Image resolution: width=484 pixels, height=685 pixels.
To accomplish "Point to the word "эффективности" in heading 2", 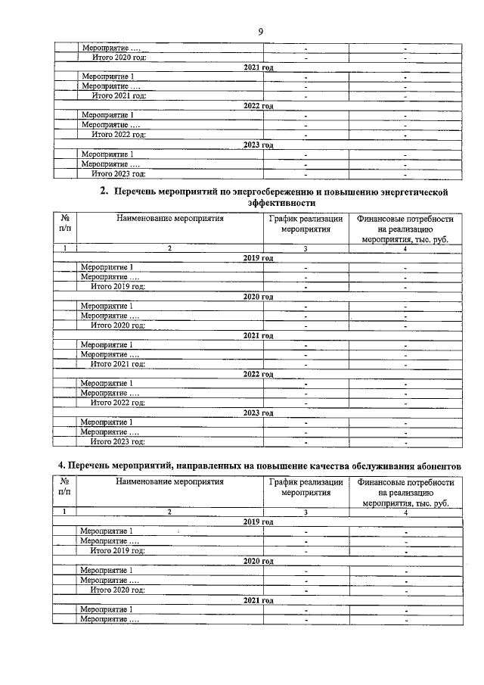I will click(x=281, y=204).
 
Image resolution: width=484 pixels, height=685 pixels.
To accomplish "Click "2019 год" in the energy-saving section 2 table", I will click(x=258, y=258).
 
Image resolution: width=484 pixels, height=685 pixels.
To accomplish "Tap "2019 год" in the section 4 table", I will click(x=258, y=522).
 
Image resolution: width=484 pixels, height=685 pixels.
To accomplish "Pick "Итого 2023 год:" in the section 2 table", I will click(x=117, y=441).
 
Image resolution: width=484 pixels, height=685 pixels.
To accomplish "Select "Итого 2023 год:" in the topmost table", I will click(x=118, y=173).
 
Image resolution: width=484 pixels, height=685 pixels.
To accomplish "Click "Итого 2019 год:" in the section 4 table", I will click(x=117, y=551).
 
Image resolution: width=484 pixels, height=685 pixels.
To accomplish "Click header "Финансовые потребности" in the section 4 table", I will click(x=405, y=482).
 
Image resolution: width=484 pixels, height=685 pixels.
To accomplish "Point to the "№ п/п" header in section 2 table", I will click(x=65, y=224).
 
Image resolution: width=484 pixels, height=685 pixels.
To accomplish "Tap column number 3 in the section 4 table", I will click(x=305, y=512).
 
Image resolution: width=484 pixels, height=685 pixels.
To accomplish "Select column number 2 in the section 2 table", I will click(x=169, y=248).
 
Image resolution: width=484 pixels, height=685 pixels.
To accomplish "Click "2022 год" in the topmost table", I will click(x=258, y=106).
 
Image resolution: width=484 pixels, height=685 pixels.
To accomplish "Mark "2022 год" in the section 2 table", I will click(x=258, y=374).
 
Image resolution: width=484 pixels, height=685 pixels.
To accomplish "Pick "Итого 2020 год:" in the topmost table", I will click(x=118, y=58).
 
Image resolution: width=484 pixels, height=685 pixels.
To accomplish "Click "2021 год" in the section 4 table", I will click(x=258, y=600).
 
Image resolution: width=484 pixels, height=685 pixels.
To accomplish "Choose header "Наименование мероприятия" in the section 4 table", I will click(x=169, y=482).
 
